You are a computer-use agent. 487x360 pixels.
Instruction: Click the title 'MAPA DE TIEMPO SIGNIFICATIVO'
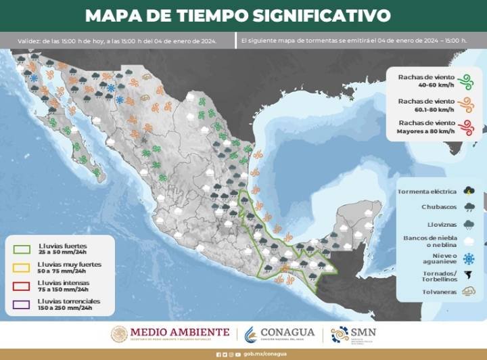(x=238, y=15)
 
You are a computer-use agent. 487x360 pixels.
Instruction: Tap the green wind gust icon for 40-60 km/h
(x=465, y=81)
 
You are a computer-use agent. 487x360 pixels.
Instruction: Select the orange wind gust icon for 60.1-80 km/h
(x=465, y=104)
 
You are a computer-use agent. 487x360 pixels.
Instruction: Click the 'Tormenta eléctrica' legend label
(x=426, y=191)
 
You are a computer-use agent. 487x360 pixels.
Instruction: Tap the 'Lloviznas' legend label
(x=440, y=223)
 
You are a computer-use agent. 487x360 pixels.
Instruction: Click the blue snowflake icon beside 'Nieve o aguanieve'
(x=468, y=258)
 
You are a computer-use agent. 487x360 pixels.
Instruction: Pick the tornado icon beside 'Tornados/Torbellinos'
(x=468, y=275)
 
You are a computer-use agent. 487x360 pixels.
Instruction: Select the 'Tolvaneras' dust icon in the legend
(x=468, y=291)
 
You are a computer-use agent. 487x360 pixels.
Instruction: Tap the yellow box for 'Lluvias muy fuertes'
(x=21, y=267)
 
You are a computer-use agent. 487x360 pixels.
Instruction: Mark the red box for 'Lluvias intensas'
(x=21, y=286)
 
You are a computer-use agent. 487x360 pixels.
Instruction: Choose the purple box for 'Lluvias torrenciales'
(x=21, y=304)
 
